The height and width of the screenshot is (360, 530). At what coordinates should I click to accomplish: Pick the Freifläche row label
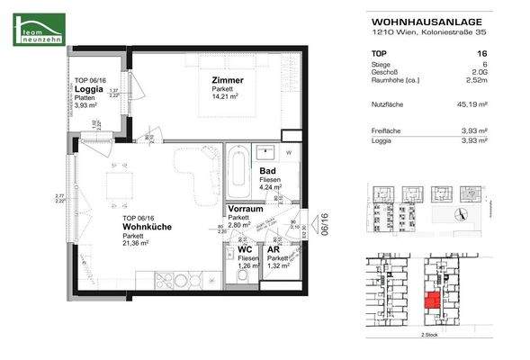coord(388,130)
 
